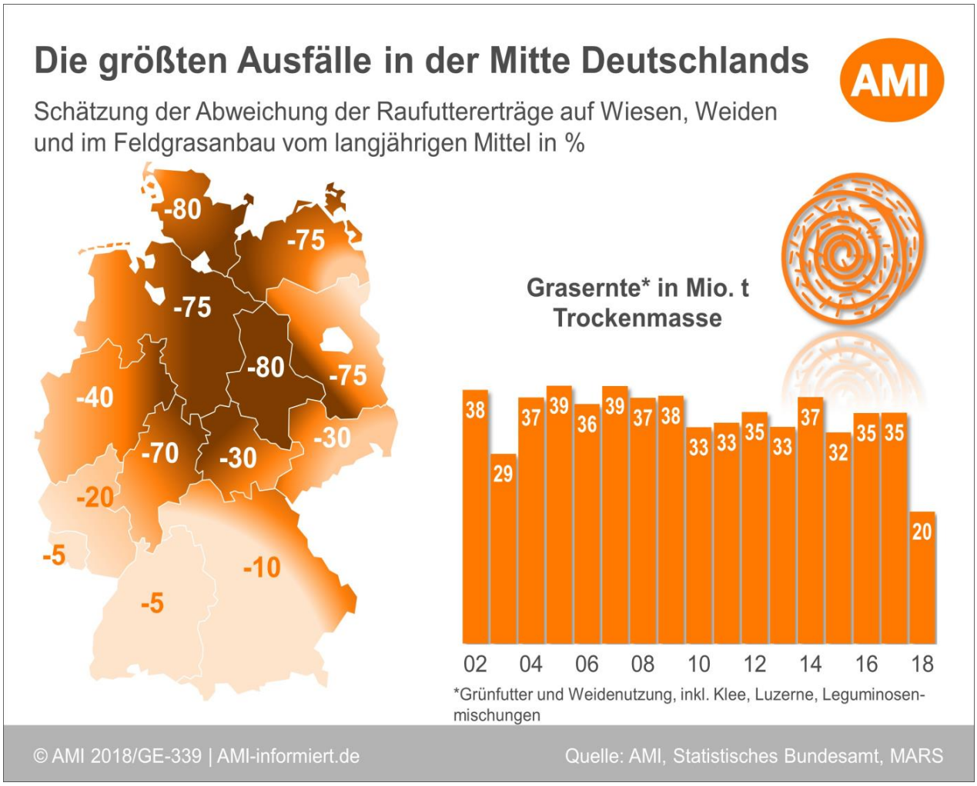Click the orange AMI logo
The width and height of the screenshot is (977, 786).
[x=891, y=80]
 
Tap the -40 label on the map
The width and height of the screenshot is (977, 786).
[x=95, y=398]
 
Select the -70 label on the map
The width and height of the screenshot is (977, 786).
[x=160, y=453]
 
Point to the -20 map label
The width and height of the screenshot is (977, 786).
[x=95, y=498]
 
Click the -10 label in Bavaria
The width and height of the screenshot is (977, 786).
[x=262, y=568]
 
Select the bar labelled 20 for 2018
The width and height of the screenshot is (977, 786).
[x=922, y=577]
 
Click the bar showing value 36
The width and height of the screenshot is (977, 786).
[x=587, y=523]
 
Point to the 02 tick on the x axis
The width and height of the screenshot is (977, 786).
[x=475, y=664]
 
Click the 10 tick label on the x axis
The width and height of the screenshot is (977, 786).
[x=698, y=664]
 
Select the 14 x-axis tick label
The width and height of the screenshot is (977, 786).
[x=810, y=664]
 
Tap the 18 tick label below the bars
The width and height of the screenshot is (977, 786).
[x=922, y=664]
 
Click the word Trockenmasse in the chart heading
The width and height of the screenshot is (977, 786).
[x=637, y=318]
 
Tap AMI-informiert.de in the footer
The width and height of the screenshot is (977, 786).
[x=288, y=756]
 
